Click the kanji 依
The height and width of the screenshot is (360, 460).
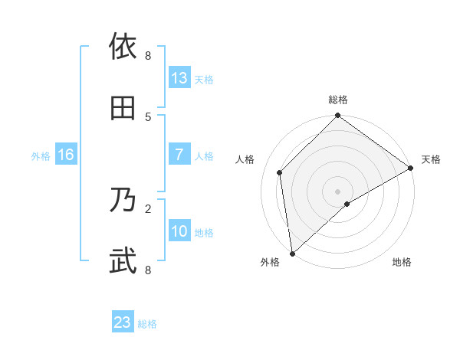(x=123, y=47)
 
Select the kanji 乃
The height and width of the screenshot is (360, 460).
(x=123, y=201)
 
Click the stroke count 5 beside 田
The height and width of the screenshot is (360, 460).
(x=148, y=116)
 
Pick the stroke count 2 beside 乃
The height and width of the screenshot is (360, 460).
(x=148, y=208)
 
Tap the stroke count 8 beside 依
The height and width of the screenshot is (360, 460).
(x=148, y=56)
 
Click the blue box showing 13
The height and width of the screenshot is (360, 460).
(x=179, y=78)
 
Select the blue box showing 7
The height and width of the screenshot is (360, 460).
(x=179, y=155)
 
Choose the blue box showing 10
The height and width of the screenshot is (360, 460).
(x=179, y=231)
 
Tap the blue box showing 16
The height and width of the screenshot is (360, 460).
(x=66, y=155)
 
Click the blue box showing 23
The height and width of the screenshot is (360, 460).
(x=123, y=322)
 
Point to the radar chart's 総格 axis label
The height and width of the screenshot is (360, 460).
(x=338, y=100)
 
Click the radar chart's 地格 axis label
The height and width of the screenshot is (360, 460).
(x=402, y=263)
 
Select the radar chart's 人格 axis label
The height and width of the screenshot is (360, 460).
(x=245, y=159)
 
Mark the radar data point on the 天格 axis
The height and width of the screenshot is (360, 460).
(x=411, y=168)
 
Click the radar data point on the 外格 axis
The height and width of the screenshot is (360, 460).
(x=292, y=253)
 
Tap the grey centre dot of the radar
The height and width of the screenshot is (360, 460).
(x=338, y=191)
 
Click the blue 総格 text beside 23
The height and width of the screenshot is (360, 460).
(x=147, y=324)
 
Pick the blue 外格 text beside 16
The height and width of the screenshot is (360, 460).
(x=41, y=156)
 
